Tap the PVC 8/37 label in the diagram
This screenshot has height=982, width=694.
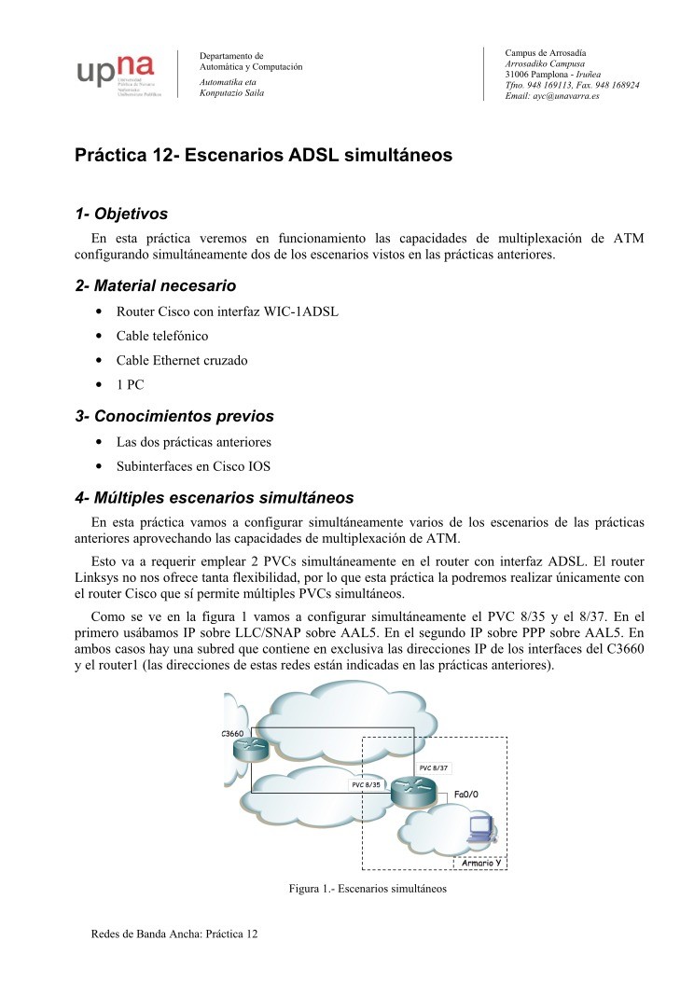pyautogui.click(x=434, y=768)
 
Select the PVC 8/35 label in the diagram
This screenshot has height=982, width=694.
pyautogui.click(x=367, y=785)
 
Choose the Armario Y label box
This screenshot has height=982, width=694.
pyautogui.click(x=482, y=861)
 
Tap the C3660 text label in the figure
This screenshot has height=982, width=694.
pyautogui.click(x=233, y=733)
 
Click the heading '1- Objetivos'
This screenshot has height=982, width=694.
pyautogui.click(x=121, y=214)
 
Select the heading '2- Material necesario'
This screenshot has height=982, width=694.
pyautogui.click(x=155, y=285)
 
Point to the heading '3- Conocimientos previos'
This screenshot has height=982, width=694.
pyautogui.click(x=174, y=417)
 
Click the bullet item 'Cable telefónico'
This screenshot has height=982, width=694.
pyautogui.click(x=162, y=336)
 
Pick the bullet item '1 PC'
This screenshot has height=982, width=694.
pyautogui.click(x=130, y=384)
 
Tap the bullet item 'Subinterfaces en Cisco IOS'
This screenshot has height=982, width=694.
pyautogui.click(x=193, y=465)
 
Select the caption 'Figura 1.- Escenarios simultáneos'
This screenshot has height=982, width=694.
pyautogui.click(x=368, y=889)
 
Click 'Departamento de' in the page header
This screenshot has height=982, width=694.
pyautogui.click(x=232, y=56)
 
